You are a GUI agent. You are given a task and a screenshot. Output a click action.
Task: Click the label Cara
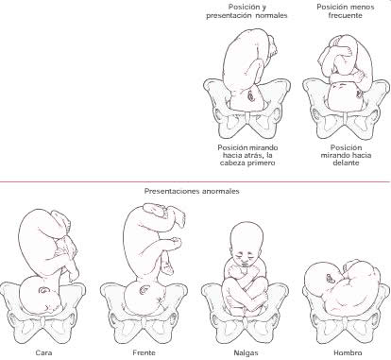[x=43, y=352]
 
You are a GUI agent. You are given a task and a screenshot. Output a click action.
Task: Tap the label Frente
[x=144, y=352]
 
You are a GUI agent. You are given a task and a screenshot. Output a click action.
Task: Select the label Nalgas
[x=244, y=352]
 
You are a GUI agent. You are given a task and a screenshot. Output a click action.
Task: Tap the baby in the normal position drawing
[x=248, y=71]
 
